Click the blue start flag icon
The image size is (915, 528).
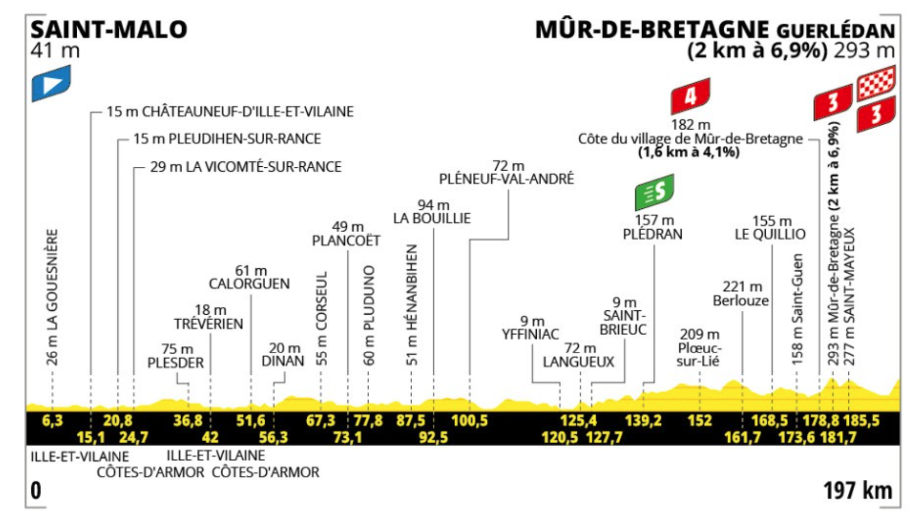(51, 83)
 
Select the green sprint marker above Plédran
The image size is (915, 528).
(654, 192)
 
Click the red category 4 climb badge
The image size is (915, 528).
(690, 96)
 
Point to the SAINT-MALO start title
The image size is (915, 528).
(109, 30)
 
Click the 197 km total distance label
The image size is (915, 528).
(857, 490)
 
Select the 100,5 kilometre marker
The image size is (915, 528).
(469, 421)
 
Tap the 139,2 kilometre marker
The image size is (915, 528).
(643, 421)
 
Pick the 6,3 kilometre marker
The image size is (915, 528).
(52, 421)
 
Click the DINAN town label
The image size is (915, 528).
(283, 361)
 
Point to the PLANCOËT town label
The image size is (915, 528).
(346, 241)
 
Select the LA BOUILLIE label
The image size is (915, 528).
(432, 218)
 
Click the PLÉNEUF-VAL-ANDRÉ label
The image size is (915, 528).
(506, 179)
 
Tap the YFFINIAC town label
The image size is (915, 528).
(530, 334)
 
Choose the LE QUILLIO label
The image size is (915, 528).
(770, 234)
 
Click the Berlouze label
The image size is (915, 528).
(741, 300)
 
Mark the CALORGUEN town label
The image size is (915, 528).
(249, 283)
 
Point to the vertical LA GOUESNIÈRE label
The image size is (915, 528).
(52, 297)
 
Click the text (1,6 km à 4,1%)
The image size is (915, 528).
(689, 152)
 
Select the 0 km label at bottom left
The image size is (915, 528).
(36, 490)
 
